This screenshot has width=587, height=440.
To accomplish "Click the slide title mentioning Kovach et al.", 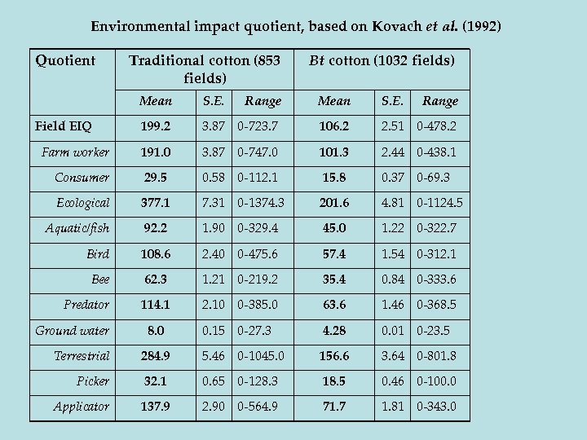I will pyautogui.click(x=296, y=26).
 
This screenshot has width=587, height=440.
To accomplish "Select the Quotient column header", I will pyautogui.click(x=65, y=59).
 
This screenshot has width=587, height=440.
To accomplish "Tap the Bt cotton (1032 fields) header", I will pyautogui.click(x=382, y=59).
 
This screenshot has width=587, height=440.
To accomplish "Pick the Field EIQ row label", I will pyautogui.click(x=64, y=126).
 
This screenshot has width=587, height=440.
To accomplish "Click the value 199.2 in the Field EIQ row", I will pyautogui.click(x=155, y=126).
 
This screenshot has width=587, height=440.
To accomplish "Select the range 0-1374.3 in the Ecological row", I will pyautogui.click(x=265, y=203).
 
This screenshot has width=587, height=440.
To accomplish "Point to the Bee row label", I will pyautogui.click(x=99, y=279).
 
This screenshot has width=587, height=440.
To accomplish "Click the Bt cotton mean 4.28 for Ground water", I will pyautogui.click(x=334, y=330).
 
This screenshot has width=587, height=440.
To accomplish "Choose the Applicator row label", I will pyautogui.click(x=81, y=407).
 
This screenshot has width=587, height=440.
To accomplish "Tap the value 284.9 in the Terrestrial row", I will pyautogui.click(x=155, y=356).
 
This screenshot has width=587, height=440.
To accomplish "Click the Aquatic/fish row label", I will pyautogui.click(x=77, y=228).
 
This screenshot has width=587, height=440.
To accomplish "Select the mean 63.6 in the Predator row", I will pyautogui.click(x=334, y=305).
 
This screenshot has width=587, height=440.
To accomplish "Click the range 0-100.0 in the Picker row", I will pyautogui.click(x=437, y=381).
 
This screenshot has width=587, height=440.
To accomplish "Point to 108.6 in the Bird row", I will pyautogui.click(x=155, y=254).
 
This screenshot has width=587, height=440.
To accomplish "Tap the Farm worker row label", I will pyautogui.click(x=75, y=152).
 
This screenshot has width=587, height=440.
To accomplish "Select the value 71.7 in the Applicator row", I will pyautogui.click(x=334, y=407).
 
